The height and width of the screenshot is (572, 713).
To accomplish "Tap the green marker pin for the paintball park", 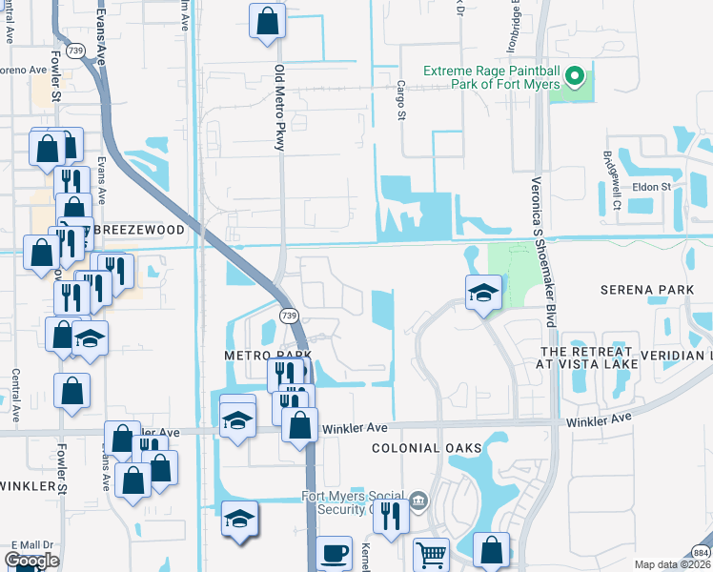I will [575, 75].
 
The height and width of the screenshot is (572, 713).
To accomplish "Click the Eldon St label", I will [653, 187].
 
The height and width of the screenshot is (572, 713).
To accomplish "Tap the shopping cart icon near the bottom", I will [431, 554].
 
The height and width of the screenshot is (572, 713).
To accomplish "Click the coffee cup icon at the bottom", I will [333, 554].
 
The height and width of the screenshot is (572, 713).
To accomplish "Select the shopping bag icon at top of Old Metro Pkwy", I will [268, 20].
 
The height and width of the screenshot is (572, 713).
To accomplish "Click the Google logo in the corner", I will [31, 561].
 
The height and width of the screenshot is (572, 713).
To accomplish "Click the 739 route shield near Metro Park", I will [287, 315].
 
